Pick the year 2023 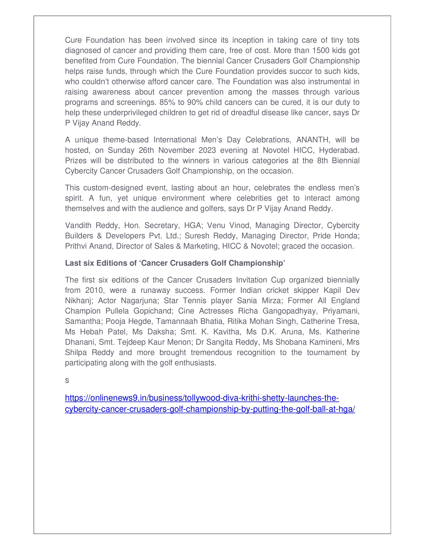tap(207, 150)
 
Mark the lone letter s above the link tap(67, 380)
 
